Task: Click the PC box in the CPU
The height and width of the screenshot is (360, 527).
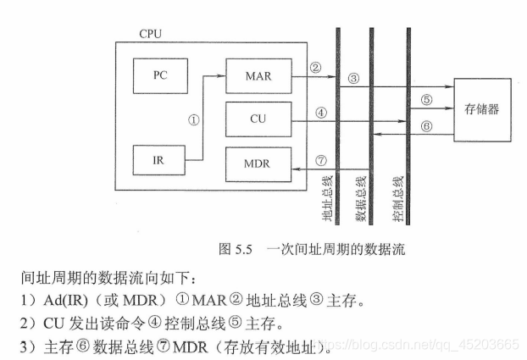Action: [160, 75]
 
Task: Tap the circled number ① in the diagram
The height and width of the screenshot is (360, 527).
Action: [193, 120]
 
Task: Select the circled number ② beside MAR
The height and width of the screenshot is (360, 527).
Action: [315, 68]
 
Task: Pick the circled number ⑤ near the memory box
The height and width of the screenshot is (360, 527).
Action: [426, 99]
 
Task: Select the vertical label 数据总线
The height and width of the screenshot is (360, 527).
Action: [361, 202]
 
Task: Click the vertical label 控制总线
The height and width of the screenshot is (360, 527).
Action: [397, 202]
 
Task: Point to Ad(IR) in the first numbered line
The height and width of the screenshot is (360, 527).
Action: [50, 301]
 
